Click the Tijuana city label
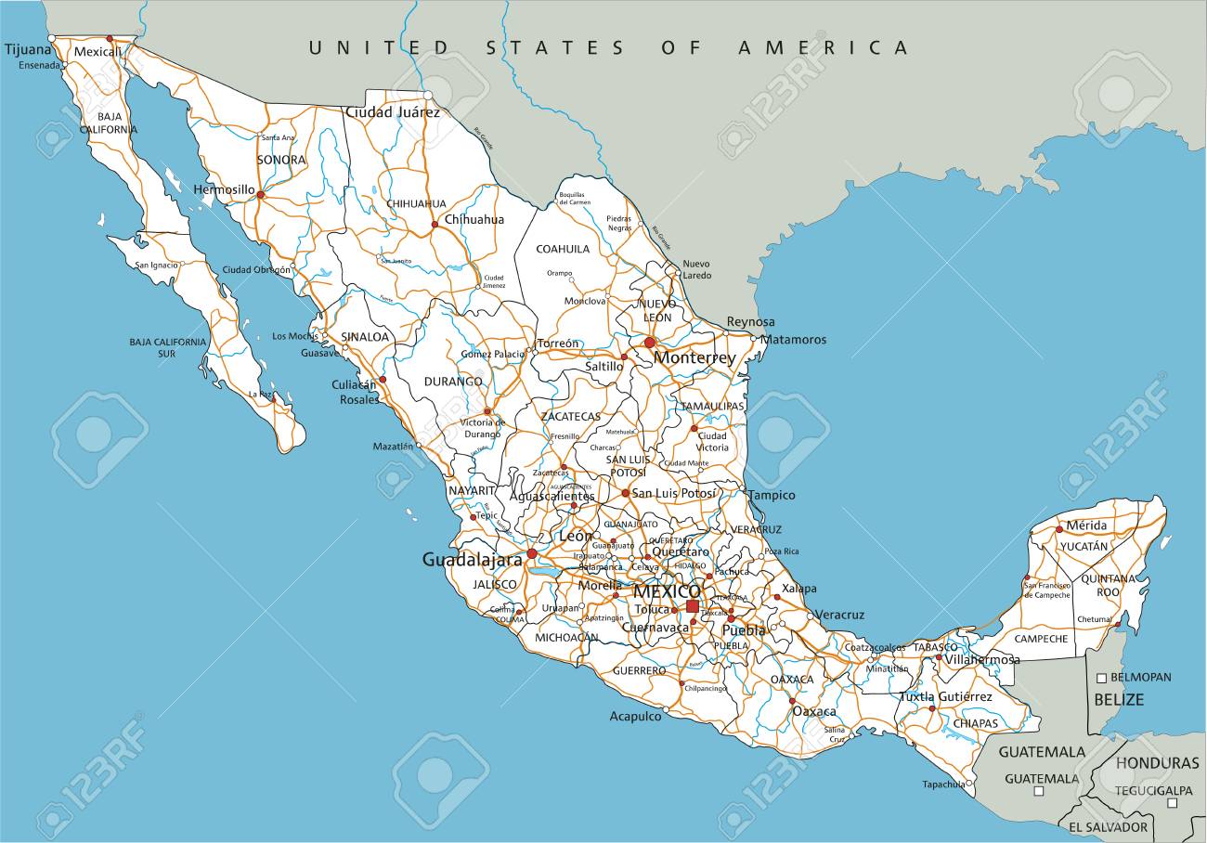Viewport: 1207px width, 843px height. click(x=28, y=48)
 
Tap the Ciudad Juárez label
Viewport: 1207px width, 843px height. click(x=392, y=112)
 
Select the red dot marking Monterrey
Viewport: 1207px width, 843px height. click(x=650, y=343)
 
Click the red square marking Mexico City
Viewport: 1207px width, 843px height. click(x=693, y=606)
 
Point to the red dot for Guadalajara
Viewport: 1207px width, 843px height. click(x=532, y=553)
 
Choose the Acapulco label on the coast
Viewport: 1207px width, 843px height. click(x=635, y=716)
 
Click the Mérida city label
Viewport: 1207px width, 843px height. click(x=1086, y=525)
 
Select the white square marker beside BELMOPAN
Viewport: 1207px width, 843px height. click(x=1102, y=678)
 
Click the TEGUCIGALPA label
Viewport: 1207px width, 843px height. click(x=1153, y=790)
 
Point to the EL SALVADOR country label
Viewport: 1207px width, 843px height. click(x=1108, y=826)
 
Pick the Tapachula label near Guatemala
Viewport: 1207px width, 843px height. click(x=943, y=785)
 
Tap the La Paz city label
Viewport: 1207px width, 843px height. click(x=261, y=395)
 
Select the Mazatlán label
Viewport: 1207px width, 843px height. click(x=393, y=447)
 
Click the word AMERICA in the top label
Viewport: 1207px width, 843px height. click(x=823, y=47)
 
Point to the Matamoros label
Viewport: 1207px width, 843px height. click(x=793, y=340)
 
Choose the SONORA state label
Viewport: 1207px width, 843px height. click(x=281, y=160)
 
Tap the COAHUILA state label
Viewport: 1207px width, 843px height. click(x=564, y=249)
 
